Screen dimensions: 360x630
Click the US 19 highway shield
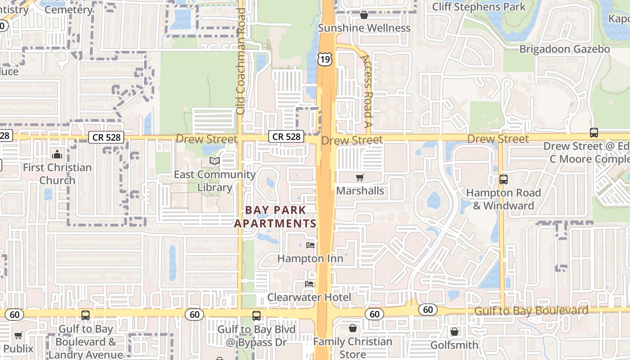[325, 58]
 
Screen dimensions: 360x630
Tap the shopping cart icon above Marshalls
[360, 177]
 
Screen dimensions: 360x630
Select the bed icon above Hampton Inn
[310, 245]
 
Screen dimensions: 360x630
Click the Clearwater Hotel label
[309, 297]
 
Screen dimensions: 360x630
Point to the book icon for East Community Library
[215, 161]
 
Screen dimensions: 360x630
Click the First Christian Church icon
[57, 155]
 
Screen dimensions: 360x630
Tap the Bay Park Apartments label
[275, 216]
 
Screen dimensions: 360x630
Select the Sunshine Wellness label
[364, 28]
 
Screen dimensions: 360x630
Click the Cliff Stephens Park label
[479, 7]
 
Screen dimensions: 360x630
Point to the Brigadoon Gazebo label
[565, 49]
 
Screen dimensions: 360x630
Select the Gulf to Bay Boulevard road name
[531, 310]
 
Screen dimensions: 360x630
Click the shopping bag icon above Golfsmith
[454, 332]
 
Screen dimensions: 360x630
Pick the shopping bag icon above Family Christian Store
[353, 328]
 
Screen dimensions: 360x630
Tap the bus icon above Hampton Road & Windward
[503, 180]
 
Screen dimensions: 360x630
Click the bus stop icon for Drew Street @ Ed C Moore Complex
[594, 133]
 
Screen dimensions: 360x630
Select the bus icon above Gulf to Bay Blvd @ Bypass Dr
[256, 316]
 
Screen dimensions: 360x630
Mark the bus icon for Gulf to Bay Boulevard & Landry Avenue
[85, 315]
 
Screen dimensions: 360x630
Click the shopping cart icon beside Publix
[18, 335]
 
